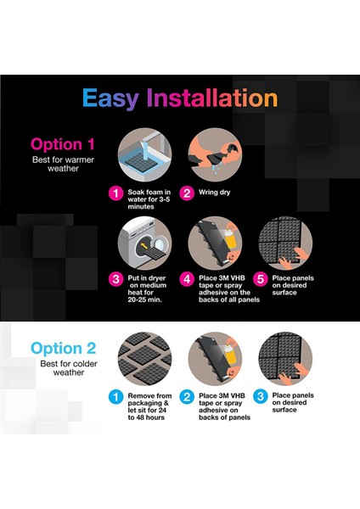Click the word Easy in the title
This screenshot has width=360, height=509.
coord(110,98)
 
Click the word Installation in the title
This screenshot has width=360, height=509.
coord(212,98)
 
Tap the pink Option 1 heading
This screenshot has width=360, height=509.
coord(63,144)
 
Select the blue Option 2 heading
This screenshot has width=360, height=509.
coord(64,349)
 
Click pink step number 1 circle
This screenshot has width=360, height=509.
coord(116,193)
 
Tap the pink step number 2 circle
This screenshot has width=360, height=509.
coord(187,193)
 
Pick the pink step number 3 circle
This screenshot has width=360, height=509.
coord(116,279)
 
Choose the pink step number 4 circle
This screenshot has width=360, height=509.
coord(187,279)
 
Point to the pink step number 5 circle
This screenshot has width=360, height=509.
coord(261,279)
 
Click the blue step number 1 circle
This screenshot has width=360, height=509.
coord(116,397)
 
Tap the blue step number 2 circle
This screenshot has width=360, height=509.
coord(187,397)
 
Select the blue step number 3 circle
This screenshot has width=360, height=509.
coord(261,396)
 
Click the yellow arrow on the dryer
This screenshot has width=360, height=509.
coord(144,246)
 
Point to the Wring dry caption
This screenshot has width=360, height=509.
coord(215,193)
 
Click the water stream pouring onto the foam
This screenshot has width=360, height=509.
coord(145,150)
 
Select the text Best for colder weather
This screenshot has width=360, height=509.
coord(69,368)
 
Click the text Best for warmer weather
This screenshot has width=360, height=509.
coord(63,164)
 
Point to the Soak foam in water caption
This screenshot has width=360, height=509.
coord(149,199)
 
